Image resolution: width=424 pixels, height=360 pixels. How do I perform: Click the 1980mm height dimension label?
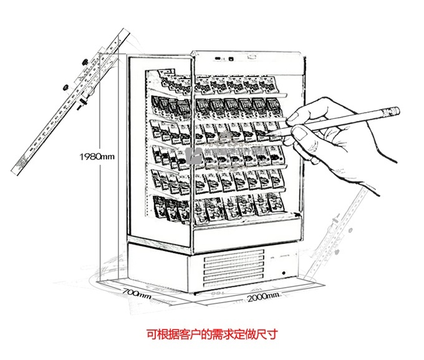97,156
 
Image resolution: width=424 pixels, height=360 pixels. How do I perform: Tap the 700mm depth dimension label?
137,292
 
